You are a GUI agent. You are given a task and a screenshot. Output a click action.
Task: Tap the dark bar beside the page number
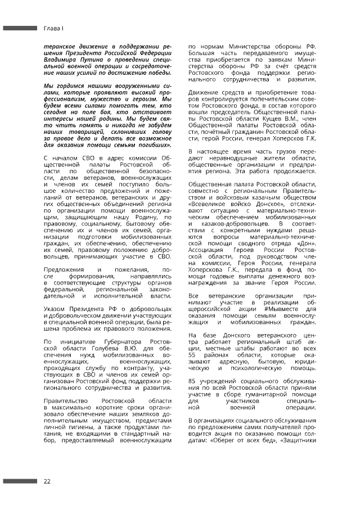point(20,481)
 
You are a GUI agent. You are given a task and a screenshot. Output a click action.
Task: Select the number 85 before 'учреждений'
point(192,381)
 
